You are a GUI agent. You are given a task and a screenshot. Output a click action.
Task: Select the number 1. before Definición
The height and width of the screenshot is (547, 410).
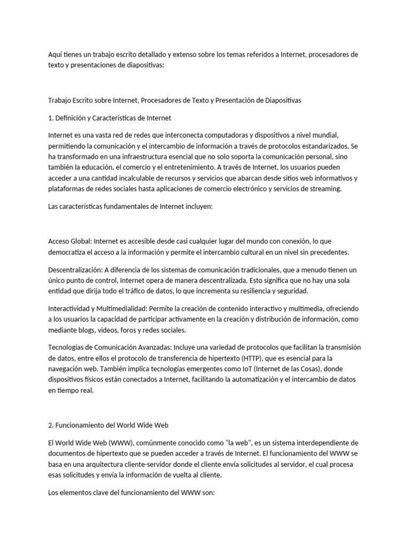(x=51, y=118)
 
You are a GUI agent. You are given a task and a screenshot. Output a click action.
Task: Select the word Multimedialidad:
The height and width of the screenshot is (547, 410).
(x=121, y=309)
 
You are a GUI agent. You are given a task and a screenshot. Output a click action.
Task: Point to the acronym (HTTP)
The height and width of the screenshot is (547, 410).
(x=257, y=357)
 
